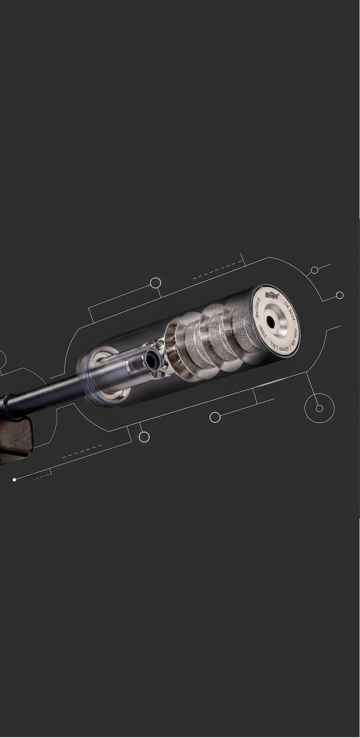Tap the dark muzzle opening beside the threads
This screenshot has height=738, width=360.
coord(151,358)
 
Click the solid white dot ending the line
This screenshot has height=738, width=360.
coord(14,480)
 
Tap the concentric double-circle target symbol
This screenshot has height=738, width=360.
coord(319,408)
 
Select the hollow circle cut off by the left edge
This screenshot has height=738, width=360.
coord(1,359)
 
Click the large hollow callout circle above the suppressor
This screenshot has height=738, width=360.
coord(156,283)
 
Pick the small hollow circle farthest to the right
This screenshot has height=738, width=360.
coord(340,295)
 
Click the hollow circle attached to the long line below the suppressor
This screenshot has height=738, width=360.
coord(215,417)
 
